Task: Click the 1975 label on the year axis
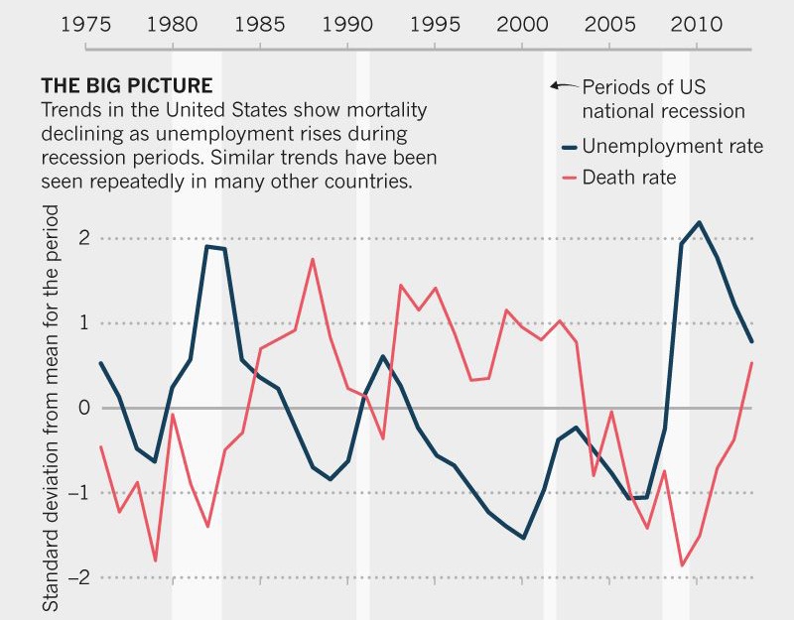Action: coord(85,23)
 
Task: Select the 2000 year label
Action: coord(520,23)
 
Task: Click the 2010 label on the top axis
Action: coord(696,23)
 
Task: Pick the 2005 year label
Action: coord(608,23)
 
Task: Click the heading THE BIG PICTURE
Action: coord(127,85)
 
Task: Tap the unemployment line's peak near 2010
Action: coord(699,222)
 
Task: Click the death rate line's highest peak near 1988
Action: coord(313,259)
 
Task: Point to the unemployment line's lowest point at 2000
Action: coord(523,538)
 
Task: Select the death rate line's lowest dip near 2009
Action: coord(681,565)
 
